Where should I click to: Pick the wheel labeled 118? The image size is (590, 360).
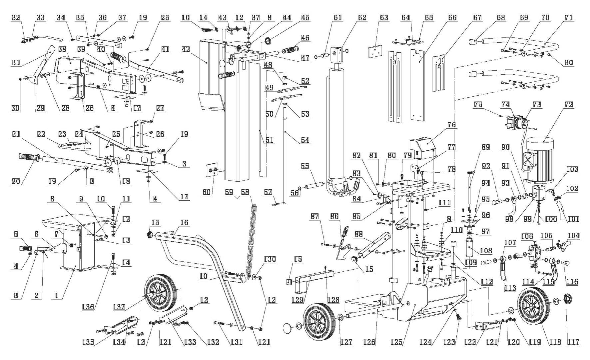tap(532, 306)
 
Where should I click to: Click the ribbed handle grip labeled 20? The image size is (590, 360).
tap(29, 157)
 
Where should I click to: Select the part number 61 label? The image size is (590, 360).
tap(337, 17)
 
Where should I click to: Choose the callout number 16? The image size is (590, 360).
tap(184, 223)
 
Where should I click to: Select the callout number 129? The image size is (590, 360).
tap(297, 300)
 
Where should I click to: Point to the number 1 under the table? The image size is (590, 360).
tap(57, 295)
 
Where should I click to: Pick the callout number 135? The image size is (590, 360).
tap(88, 342)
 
